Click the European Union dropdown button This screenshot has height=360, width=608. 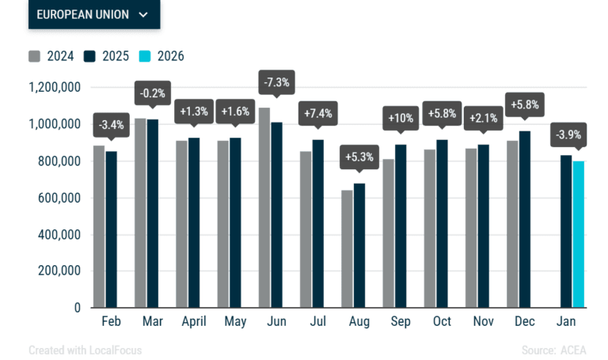[94, 14]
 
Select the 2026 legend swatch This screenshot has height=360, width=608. [145, 56]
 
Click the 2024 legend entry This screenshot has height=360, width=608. [51, 56]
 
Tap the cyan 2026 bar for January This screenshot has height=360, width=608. [579, 234]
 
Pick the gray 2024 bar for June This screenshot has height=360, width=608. [264, 208]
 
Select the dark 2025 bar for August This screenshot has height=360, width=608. [359, 246]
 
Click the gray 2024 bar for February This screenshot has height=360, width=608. [99, 227]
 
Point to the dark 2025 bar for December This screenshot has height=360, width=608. [525, 219]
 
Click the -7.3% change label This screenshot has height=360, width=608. [276, 82]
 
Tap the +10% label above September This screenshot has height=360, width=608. [401, 118]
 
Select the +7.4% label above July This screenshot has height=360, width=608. [318, 114]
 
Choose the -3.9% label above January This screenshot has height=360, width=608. [568, 135]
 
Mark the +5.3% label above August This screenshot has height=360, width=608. [359, 157]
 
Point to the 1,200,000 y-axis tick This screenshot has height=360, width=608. [55, 88]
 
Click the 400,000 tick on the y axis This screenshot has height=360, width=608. [59, 235]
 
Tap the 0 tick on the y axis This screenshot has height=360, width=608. [78, 308]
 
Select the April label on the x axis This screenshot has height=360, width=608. [194, 322]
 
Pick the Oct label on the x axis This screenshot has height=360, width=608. [442, 321]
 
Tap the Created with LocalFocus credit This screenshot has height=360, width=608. [85, 351]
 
